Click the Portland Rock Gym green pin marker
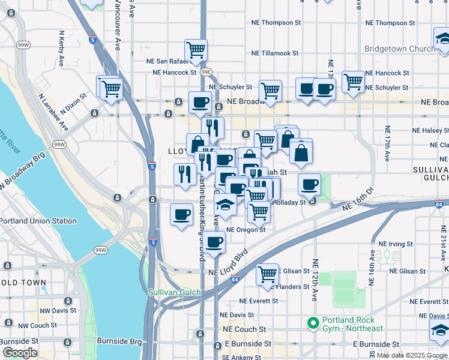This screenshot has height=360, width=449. [312, 323]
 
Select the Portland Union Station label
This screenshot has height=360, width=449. [38, 221]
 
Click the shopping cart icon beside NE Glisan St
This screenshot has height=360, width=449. [268, 274]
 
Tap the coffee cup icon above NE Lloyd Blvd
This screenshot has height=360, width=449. [214, 242]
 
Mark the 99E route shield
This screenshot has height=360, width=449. [206, 72]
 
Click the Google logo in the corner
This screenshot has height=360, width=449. [20, 353]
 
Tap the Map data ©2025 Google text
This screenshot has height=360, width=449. [411, 355]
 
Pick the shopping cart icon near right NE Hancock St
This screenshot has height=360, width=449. [353, 82]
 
